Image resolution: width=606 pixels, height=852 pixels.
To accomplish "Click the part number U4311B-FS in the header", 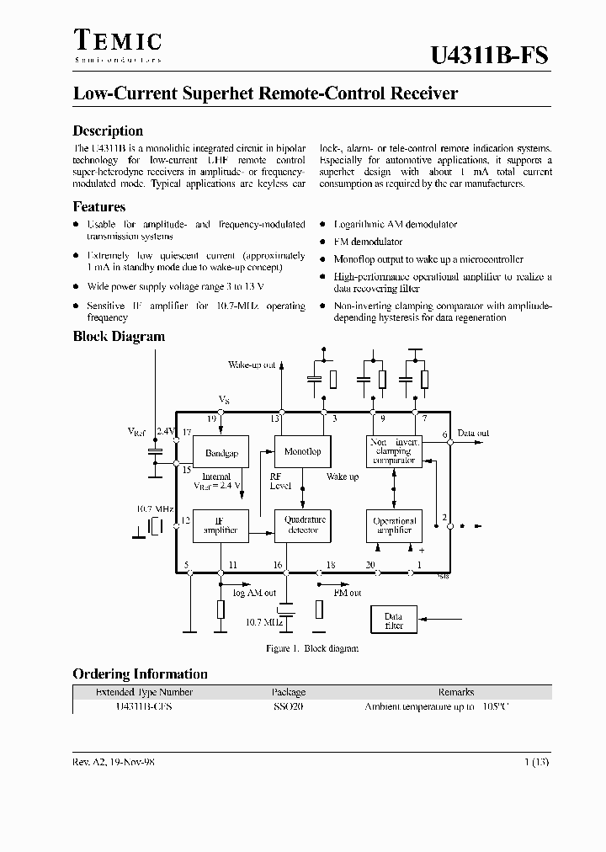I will point(490,56).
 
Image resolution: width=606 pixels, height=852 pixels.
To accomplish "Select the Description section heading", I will point(108,130).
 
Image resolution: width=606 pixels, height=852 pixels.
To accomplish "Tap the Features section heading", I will point(99,206).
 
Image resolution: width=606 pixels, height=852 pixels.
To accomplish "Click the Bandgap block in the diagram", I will point(221,453).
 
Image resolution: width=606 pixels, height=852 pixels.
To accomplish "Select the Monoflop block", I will point(303,452).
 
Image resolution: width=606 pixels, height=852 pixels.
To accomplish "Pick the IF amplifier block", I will point(221,525).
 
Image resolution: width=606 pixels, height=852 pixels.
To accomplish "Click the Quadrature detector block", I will point(304,525).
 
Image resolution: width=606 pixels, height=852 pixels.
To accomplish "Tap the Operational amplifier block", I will point(394,525).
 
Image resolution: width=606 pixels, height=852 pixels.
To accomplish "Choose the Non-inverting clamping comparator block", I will point(394,451).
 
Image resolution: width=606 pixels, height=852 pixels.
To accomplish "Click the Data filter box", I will point(394,620).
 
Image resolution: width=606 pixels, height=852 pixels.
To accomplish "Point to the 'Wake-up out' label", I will point(252,365).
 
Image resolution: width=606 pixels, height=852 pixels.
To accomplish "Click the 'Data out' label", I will point(473,434).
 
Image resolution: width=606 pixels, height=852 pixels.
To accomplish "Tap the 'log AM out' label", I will point(253,593).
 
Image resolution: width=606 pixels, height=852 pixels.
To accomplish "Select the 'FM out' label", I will point(347,593).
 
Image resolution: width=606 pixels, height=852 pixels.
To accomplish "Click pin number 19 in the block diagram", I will point(213,418).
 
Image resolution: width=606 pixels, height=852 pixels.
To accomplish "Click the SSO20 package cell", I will point(288,707).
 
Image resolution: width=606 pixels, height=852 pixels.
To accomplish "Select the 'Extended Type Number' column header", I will point(144,692).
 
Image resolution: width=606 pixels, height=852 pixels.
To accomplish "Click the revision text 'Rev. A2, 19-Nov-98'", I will point(114,761).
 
